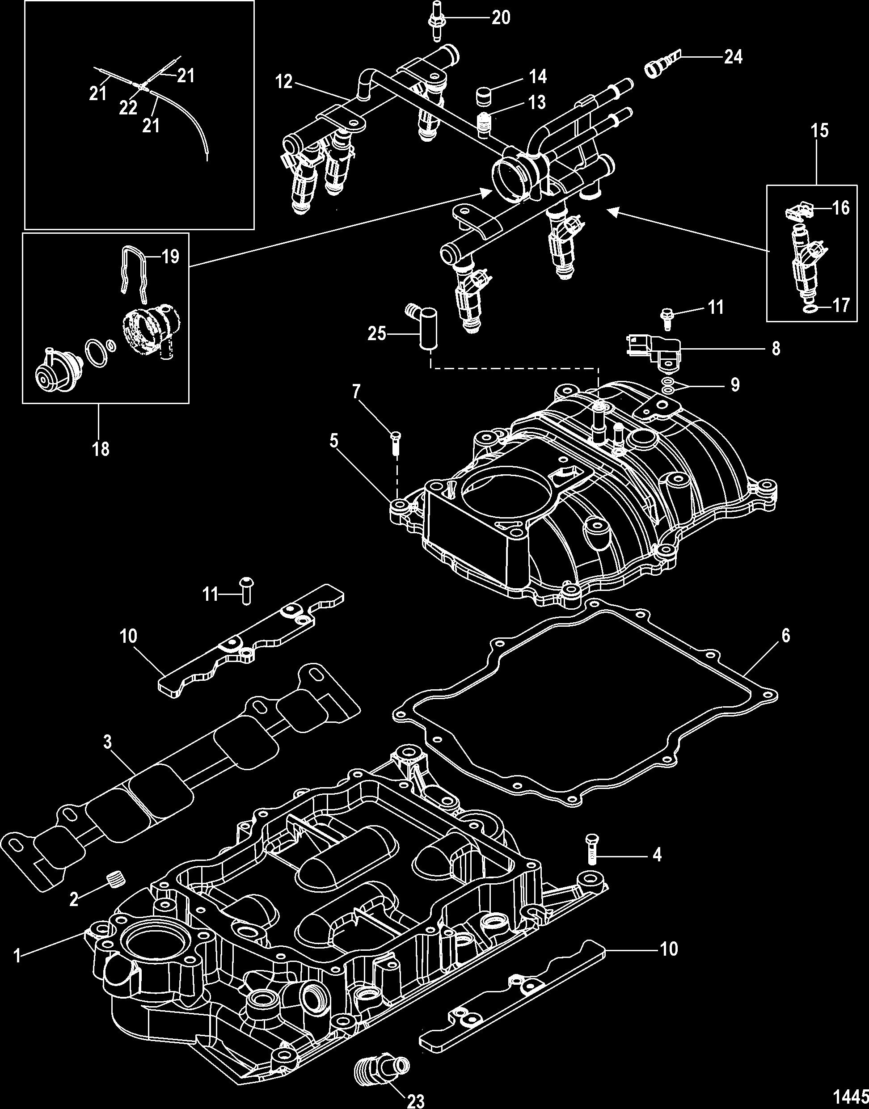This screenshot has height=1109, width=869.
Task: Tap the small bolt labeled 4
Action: tap(593, 849)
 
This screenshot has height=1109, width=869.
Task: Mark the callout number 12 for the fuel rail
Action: tap(285, 82)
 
